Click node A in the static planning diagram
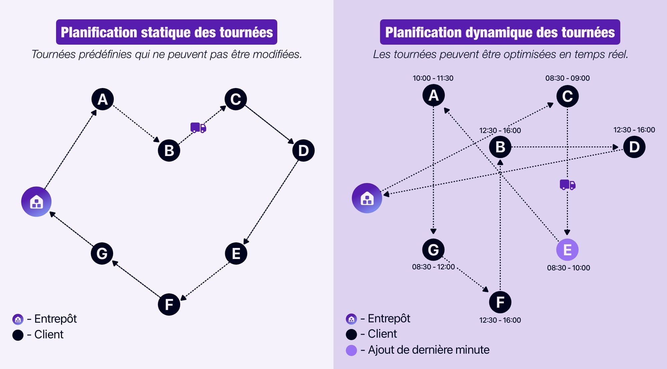pyautogui.click(x=102, y=99)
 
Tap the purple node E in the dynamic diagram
pyautogui.click(x=567, y=250)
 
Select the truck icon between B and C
pyautogui.click(x=198, y=128)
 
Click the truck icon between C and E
pyautogui.click(x=567, y=184)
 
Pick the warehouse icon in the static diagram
pyautogui.click(x=36, y=202)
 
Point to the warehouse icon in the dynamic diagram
pyautogui.click(x=367, y=198)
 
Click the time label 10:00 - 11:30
pyautogui.click(x=433, y=78)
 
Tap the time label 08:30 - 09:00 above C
pyautogui.click(x=567, y=78)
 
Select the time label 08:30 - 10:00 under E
pyautogui.click(x=568, y=268)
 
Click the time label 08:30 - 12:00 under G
pyautogui.click(x=433, y=267)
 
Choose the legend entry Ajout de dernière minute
pyautogui.click(x=428, y=350)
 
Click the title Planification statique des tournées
pyautogui.click(x=166, y=32)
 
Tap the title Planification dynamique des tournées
pyautogui.click(x=500, y=32)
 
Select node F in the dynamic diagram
pyautogui.click(x=500, y=302)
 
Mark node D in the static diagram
pyautogui.click(x=303, y=150)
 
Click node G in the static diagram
pyautogui.click(x=102, y=253)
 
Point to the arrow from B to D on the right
pyautogui.click(x=564, y=147)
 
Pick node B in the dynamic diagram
pyautogui.click(x=500, y=147)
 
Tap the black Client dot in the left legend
pyautogui.click(x=18, y=335)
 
